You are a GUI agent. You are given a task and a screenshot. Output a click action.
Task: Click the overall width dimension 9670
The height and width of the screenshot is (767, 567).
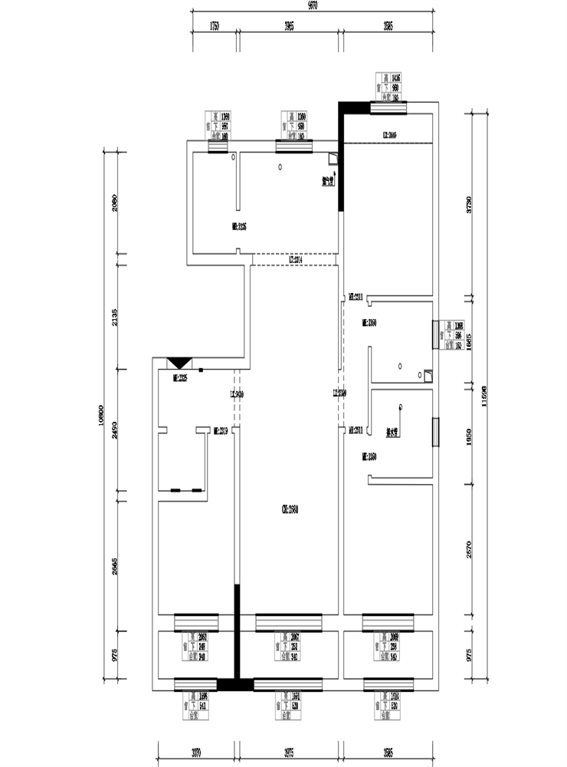[x=312, y=6]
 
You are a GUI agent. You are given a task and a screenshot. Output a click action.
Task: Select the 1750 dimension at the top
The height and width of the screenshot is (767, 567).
[x=214, y=26]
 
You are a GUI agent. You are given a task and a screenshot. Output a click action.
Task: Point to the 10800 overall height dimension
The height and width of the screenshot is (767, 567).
[x=101, y=415]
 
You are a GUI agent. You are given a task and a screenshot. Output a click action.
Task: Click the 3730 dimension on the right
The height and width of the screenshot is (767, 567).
[x=469, y=203]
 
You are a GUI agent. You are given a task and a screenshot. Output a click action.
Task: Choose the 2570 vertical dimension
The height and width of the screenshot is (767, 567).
[x=469, y=549]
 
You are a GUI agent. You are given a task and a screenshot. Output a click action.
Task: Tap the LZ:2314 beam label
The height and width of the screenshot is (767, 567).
[x=299, y=261]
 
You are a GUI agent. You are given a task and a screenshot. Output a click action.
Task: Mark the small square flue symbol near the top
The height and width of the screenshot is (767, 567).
[x=333, y=160]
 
